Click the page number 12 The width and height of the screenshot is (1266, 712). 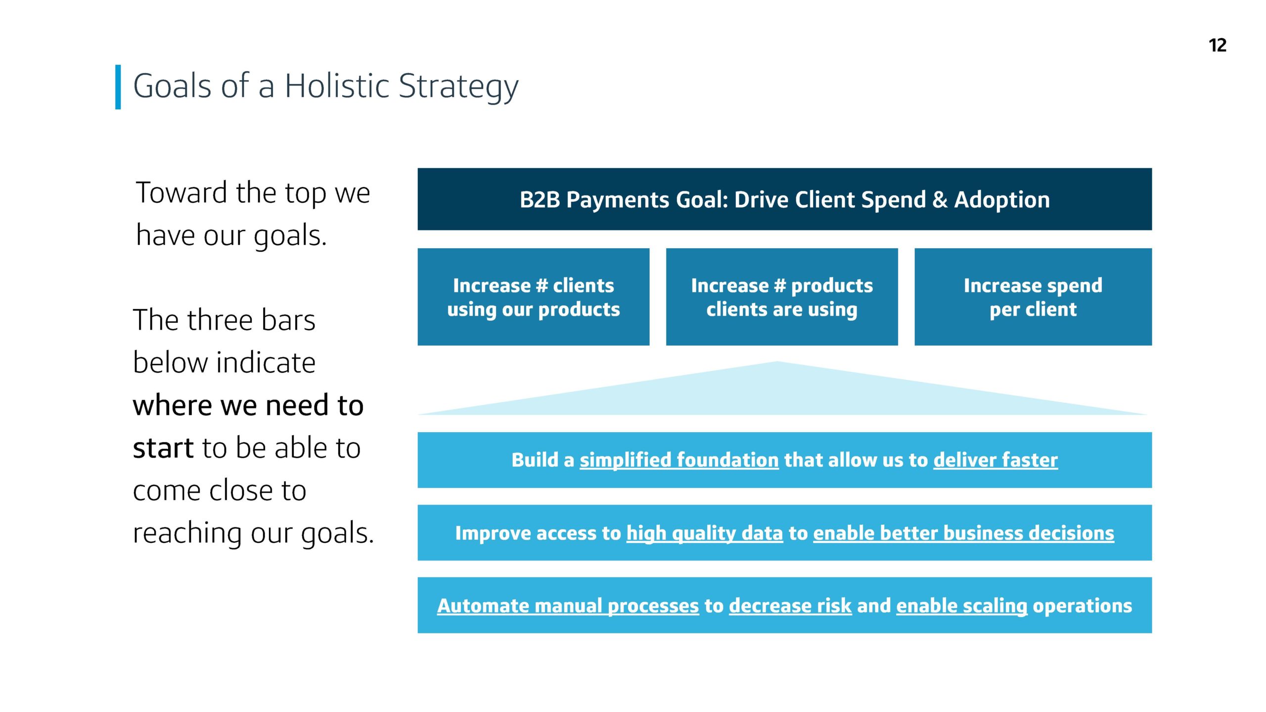click(x=1217, y=45)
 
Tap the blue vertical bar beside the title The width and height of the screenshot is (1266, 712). click(x=118, y=87)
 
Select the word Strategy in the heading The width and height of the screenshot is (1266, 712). click(x=458, y=88)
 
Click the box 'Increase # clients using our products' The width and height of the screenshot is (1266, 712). click(x=533, y=297)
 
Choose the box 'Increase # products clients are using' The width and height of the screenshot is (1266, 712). click(x=782, y=297)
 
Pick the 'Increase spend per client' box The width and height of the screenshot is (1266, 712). click(x=1033, y=297)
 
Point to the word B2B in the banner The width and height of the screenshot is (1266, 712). click(x=540, y=200)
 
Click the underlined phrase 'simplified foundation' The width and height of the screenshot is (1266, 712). click(x=679, y=460)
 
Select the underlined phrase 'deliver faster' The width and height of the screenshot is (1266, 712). click(x=995, y=460)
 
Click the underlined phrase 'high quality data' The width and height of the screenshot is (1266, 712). click(x=705, y=534)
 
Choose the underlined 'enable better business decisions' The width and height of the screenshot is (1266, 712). click(x=964, y=534)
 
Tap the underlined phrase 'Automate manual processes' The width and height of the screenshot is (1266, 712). click(x=568, y=606)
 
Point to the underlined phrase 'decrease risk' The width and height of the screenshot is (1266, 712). click(x=790, y=606)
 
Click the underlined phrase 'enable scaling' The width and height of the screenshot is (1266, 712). click(x=962, y=606)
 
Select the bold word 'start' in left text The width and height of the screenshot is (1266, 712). click(x=163, y=448)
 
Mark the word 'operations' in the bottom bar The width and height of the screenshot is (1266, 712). click(x=1083, y=606)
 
